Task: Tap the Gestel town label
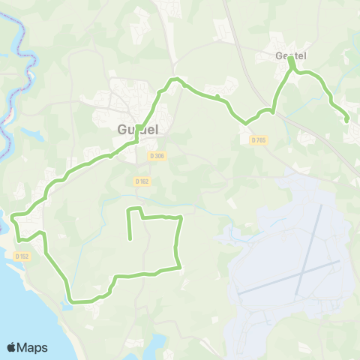292,55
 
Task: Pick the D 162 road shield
142,181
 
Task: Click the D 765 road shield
259,140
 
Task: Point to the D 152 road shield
21,256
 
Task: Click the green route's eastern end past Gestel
346,120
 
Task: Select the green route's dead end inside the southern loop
131,239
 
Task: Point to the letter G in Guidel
122,128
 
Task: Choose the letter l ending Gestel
306,55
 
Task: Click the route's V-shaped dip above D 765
245,122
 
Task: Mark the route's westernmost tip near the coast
13,216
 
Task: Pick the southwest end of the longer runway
238,293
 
